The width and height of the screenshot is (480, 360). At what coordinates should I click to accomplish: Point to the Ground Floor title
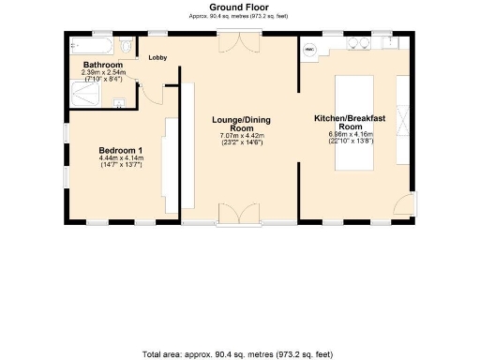tap(240, 7)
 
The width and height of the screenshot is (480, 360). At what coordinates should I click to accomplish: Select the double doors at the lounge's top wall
tap(246, 44)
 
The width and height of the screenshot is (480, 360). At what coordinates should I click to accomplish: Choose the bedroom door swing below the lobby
tap(150, 94)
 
